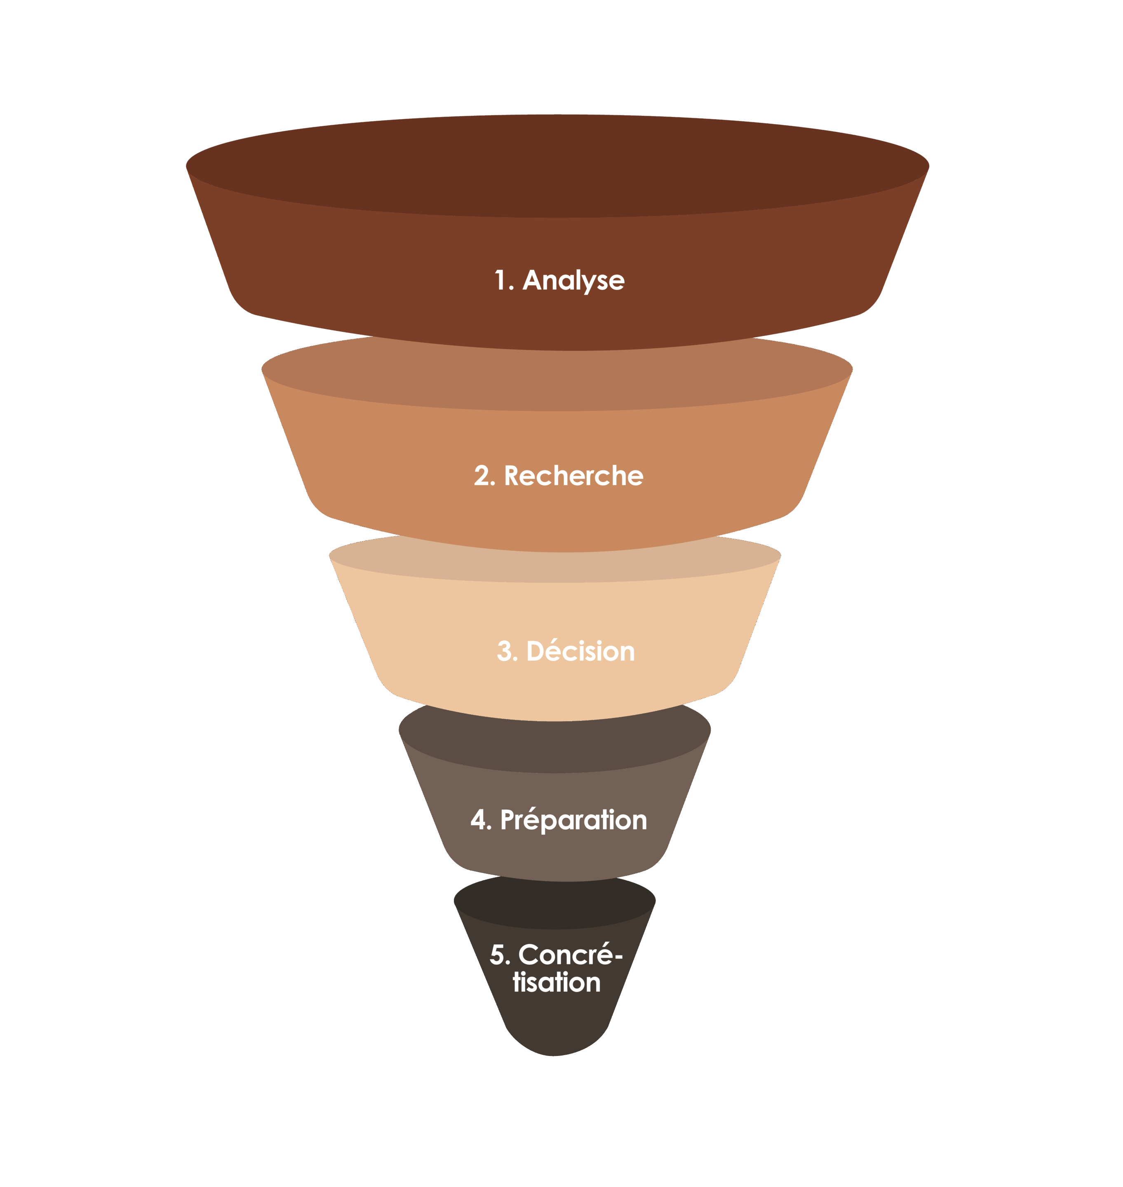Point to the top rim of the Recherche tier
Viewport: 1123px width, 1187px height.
tap(557, 383)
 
